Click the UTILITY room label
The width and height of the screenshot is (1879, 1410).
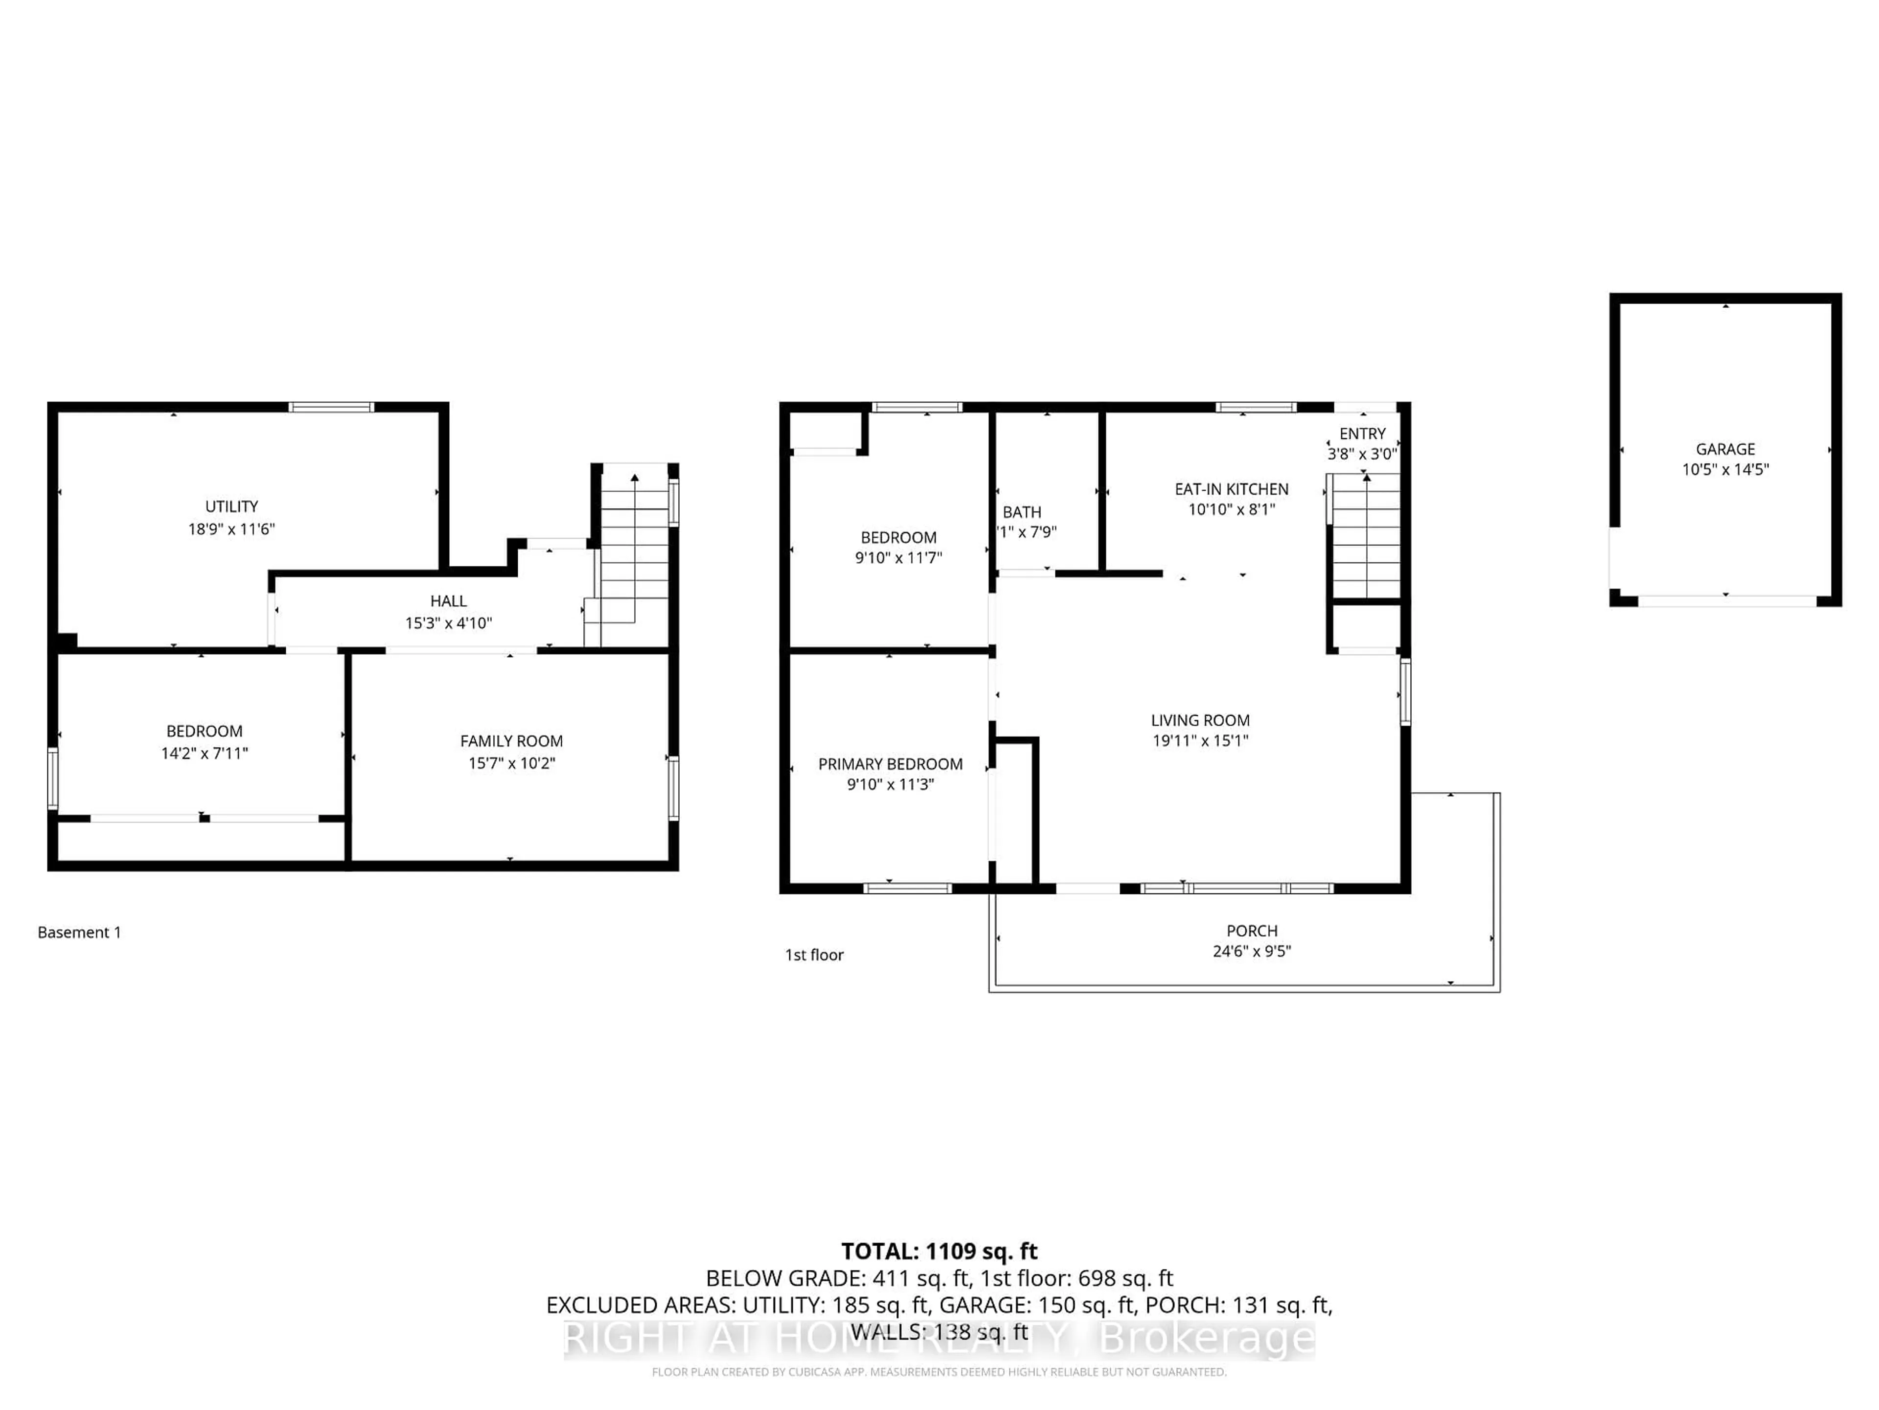click(231, 507)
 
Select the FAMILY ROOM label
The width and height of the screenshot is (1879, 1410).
click(511, 741)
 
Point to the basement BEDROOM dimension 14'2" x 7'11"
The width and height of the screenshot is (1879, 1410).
click(205, 753)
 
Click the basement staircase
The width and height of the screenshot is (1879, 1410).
click(634, 552)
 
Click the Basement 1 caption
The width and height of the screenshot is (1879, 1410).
click(79, 932)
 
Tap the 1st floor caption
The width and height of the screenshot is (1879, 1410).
click(814, 955)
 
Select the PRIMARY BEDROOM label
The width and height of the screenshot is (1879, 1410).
click(890, 764)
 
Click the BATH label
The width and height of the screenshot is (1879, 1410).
click(1021, 513)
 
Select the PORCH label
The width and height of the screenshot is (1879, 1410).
click(1251, 931)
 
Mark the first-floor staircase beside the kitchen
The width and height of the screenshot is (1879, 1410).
click(1365, 537)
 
